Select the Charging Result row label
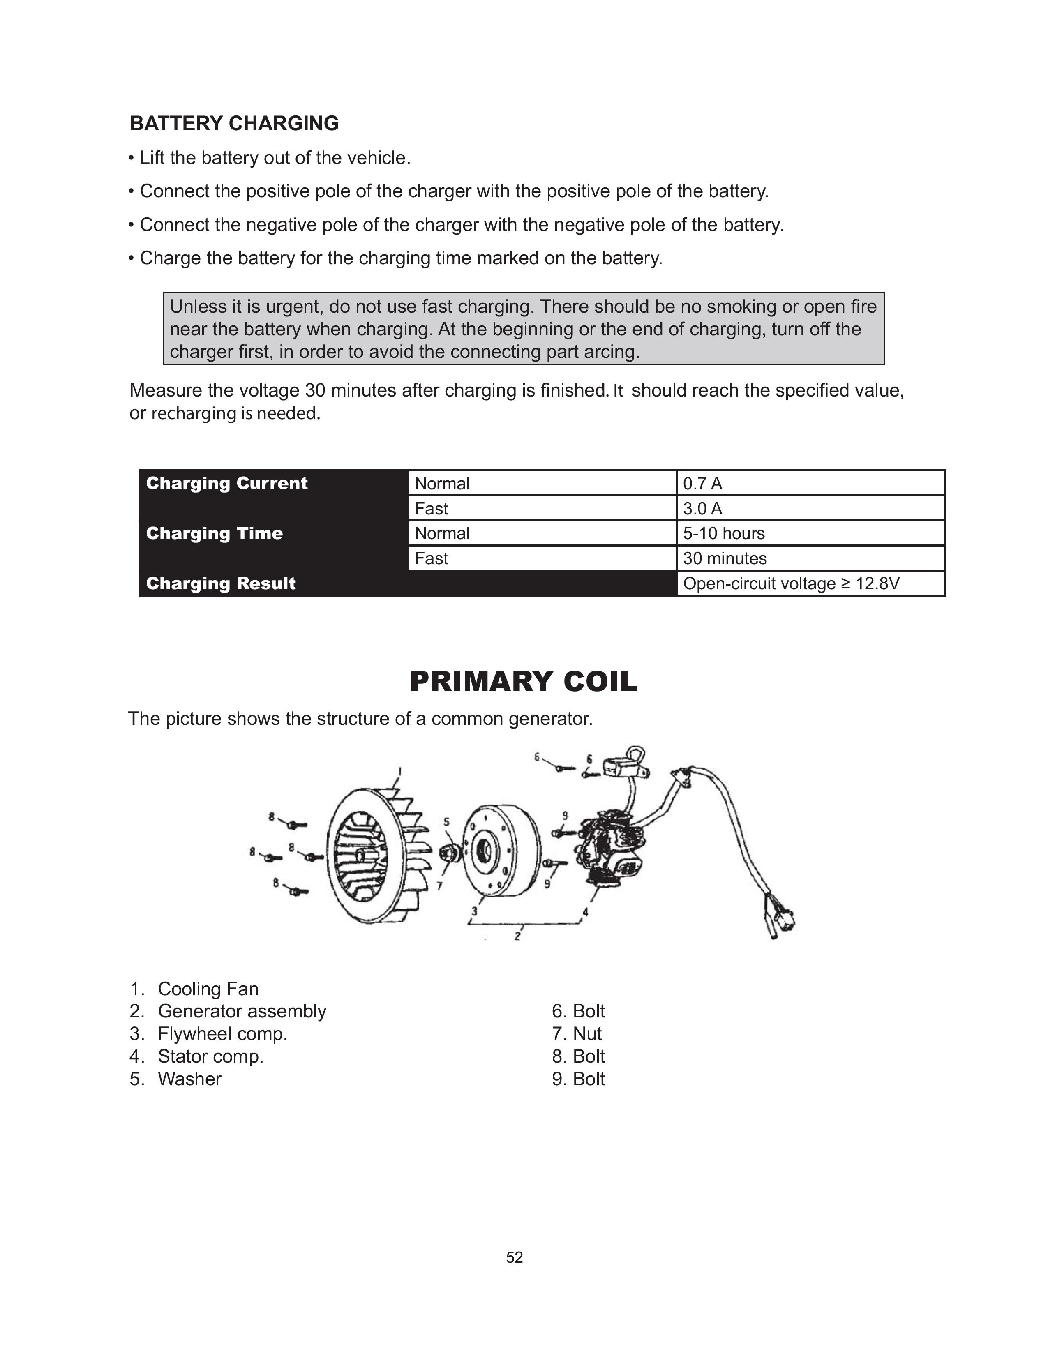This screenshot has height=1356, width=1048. (220, 583)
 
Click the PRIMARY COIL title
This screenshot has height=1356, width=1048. (523, 681)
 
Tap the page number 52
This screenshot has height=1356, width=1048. (514, 1257)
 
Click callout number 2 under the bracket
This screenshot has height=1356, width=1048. (517, 936)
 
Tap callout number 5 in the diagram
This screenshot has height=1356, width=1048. (446, 821)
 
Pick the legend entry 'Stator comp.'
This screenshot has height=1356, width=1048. (210, 1056)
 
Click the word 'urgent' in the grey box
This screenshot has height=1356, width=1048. (293, 307)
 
